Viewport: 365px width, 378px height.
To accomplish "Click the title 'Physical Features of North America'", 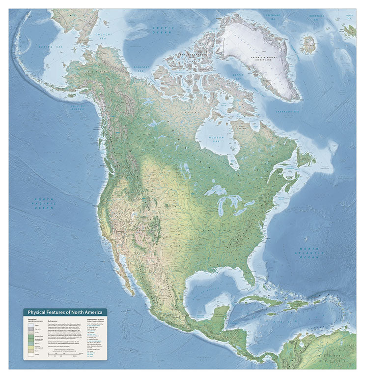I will (65, 312).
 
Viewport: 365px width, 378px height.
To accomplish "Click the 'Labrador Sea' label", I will (290, 113).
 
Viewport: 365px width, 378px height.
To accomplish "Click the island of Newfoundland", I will (305, 158).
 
